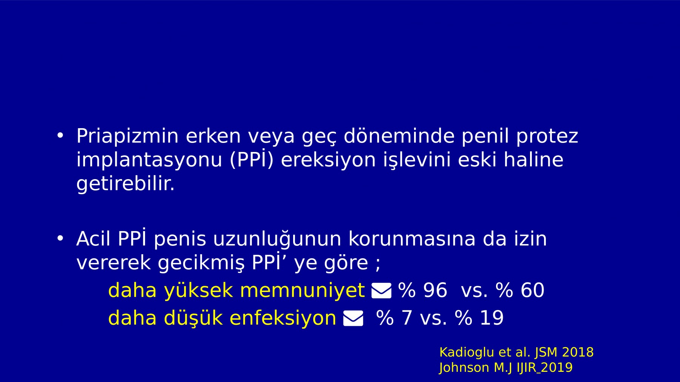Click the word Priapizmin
pyautogui.click(x=127, y=136)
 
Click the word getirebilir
pyautogui.click(x=125, y=184)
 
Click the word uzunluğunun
pyautogui.click(x=277, y=239)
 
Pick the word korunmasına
pyautogui.click(x=412, y=239)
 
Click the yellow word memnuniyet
pyautogui.click(x=302, y=291)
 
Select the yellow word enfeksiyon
pyautogui.click(x=283, y=318)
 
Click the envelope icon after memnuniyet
pyautogui.click(x=381, y=291)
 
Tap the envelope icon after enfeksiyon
pyautogui.click(x=353, y=318)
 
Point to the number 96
pyautogui.click(x=435, y=290)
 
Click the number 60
pyautogui.click(x=533, y=290)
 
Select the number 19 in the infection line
pyautogui.click(x=492, y=318)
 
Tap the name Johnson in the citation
pyautogui.click(x=464, y=368)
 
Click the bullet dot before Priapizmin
pyautogui.click(x=60, y=135)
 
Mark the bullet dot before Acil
pyautogui.click(x=60, y=238)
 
